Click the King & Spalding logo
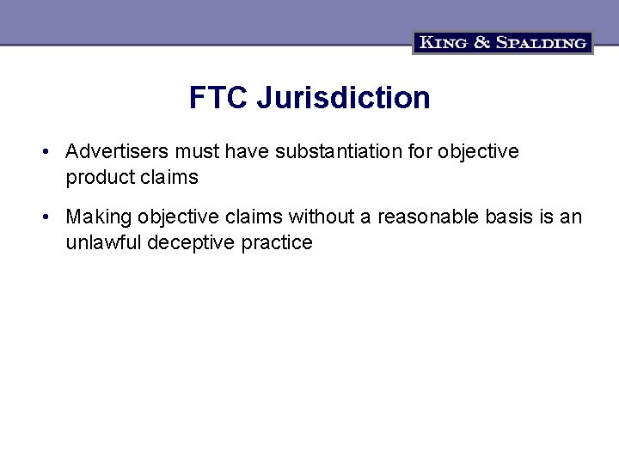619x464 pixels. pos(503,42)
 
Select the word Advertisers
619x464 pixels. pos(118,152)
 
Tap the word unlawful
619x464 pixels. pos(103,243)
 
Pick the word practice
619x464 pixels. pos(277,243)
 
